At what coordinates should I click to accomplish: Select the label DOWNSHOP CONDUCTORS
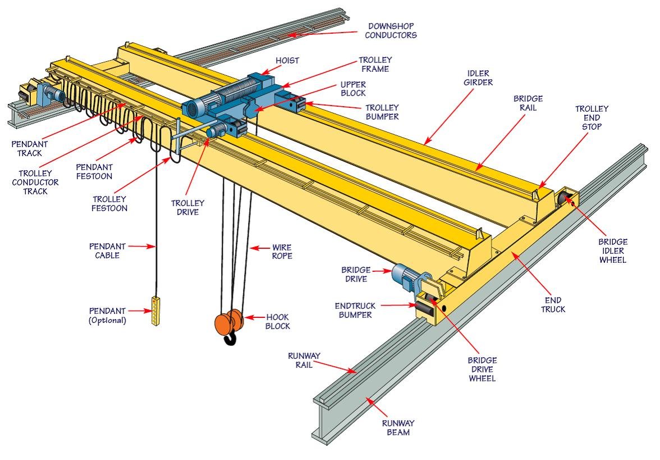click(392, 31)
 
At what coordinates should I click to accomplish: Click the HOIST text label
click(287, 61)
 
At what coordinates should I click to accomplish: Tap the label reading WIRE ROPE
click(282, 251)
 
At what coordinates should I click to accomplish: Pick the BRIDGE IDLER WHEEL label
click(612, 251)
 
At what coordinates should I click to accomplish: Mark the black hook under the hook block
click(230, 339)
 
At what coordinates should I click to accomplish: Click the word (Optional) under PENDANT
click(107, 321)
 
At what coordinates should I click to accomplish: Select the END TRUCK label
click(553, 305)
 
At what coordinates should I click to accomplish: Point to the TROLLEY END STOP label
click(592, 117)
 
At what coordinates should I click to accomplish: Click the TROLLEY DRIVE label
click(188, 208)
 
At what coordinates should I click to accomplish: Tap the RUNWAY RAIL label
click(304, 359)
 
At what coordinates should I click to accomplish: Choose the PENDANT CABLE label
click(107, 251)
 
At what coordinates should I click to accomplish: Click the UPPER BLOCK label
click(353, 89)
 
